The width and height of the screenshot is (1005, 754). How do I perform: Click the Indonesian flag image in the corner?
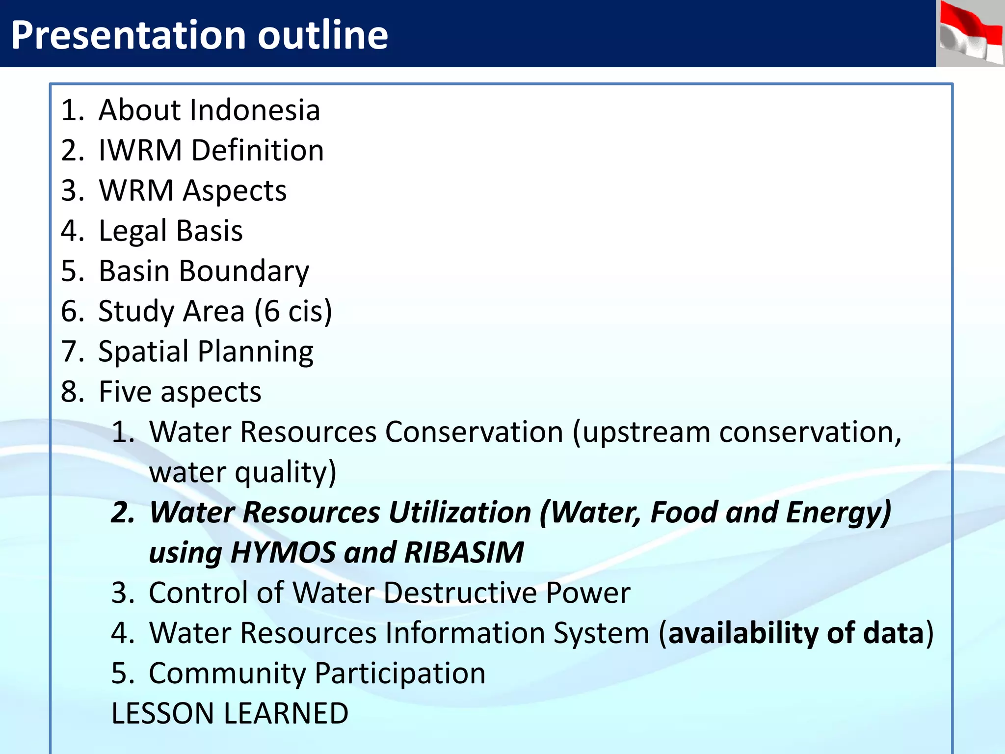pos(971,33)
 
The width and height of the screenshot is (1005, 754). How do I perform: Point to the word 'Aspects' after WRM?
pos(235,191)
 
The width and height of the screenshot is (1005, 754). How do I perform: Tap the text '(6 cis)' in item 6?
pos(293,312)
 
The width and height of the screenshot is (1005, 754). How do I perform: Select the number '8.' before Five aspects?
pos(73,392)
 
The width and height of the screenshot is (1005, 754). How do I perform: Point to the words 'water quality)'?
pos(242,473)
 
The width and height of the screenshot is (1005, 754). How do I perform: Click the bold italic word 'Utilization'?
pos(460,513)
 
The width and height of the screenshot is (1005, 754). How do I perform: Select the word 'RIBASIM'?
pos(464,553)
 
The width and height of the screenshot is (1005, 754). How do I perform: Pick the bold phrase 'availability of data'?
pos(796,633)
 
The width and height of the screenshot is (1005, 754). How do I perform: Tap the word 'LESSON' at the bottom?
pos(162,714)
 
